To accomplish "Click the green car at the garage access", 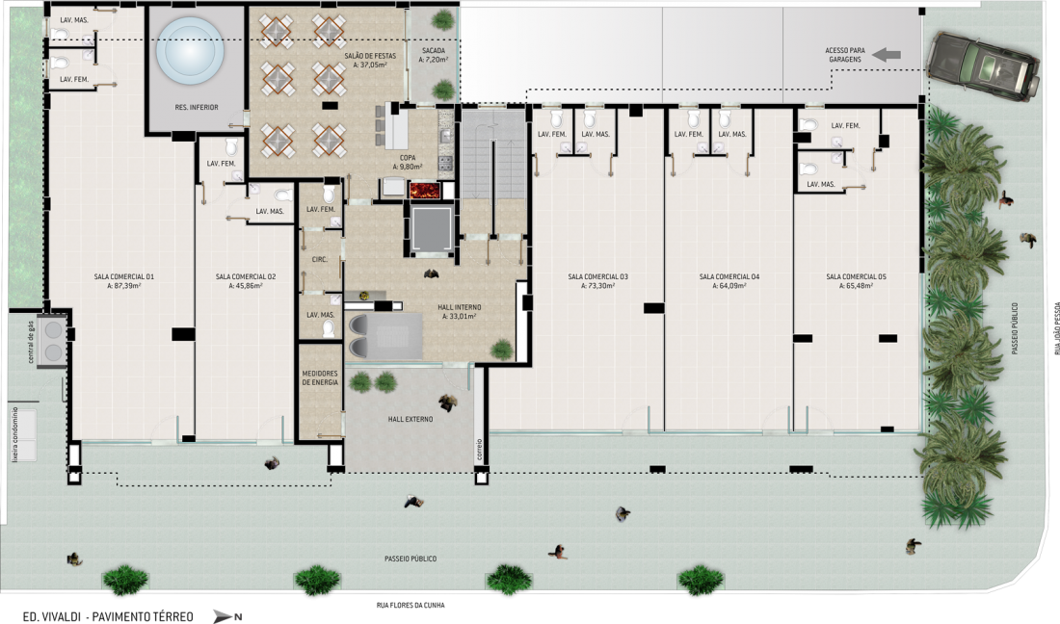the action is (x=984, y=66).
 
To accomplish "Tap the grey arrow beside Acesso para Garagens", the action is (x=887, y=55).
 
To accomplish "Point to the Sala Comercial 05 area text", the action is (x=856, y=286).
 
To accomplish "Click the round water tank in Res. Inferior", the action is (x=190, y=51).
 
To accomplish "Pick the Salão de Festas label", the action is (x=370, y=56).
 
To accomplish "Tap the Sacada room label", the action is (x=434, y=51).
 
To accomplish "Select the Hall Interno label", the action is (x=459, y=307).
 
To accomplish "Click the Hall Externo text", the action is (x=411, y=420).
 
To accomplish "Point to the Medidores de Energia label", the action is (x=320, y=377).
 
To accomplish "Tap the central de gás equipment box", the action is (x=53, y=340).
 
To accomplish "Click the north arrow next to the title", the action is (x=224, y=616).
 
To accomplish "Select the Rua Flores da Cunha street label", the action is (x=411, y=605).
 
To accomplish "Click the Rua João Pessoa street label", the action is (x=1056, y=328).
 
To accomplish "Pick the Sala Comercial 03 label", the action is (x=597, y=277).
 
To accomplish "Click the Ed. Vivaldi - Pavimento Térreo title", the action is (x=108, y=616).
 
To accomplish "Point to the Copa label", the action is (x=408, y=158).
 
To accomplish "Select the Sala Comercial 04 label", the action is (x=729, y=277).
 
